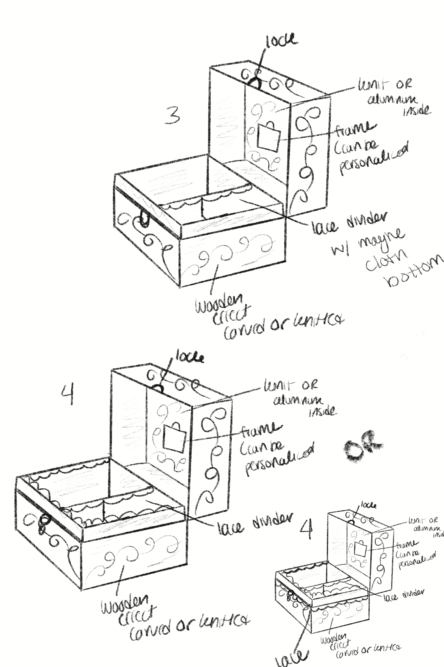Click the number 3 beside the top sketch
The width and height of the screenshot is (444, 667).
pyautogui.click(x=172, y=115)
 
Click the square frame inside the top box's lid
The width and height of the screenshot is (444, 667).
pyautogui.click(x=269, y=138)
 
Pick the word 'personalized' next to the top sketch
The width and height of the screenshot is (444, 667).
pyautogui.click(x=374, y=157)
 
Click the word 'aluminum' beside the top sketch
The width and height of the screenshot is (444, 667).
pyautogui.click(x=392, y=99)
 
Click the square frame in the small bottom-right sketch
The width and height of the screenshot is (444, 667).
pyautogui.click(x=360, y=548)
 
